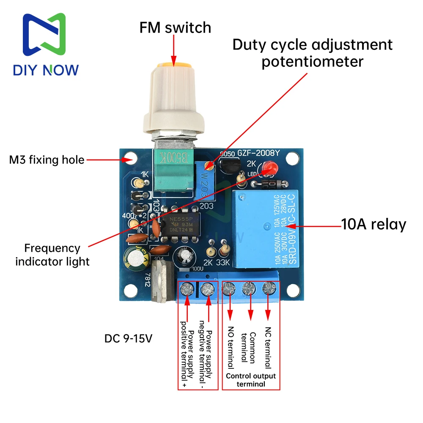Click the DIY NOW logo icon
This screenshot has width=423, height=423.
point(45,37)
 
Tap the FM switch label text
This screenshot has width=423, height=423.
point(175,28)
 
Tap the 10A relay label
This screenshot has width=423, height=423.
point(374,224)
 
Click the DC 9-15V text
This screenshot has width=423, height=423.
point(129,339)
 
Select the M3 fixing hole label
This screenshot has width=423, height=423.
point(47,160)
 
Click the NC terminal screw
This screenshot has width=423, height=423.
point(268,288)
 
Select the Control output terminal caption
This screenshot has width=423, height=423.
point(250,380)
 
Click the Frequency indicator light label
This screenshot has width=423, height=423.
point(52,255)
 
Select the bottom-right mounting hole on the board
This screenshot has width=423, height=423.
point(293,291)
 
